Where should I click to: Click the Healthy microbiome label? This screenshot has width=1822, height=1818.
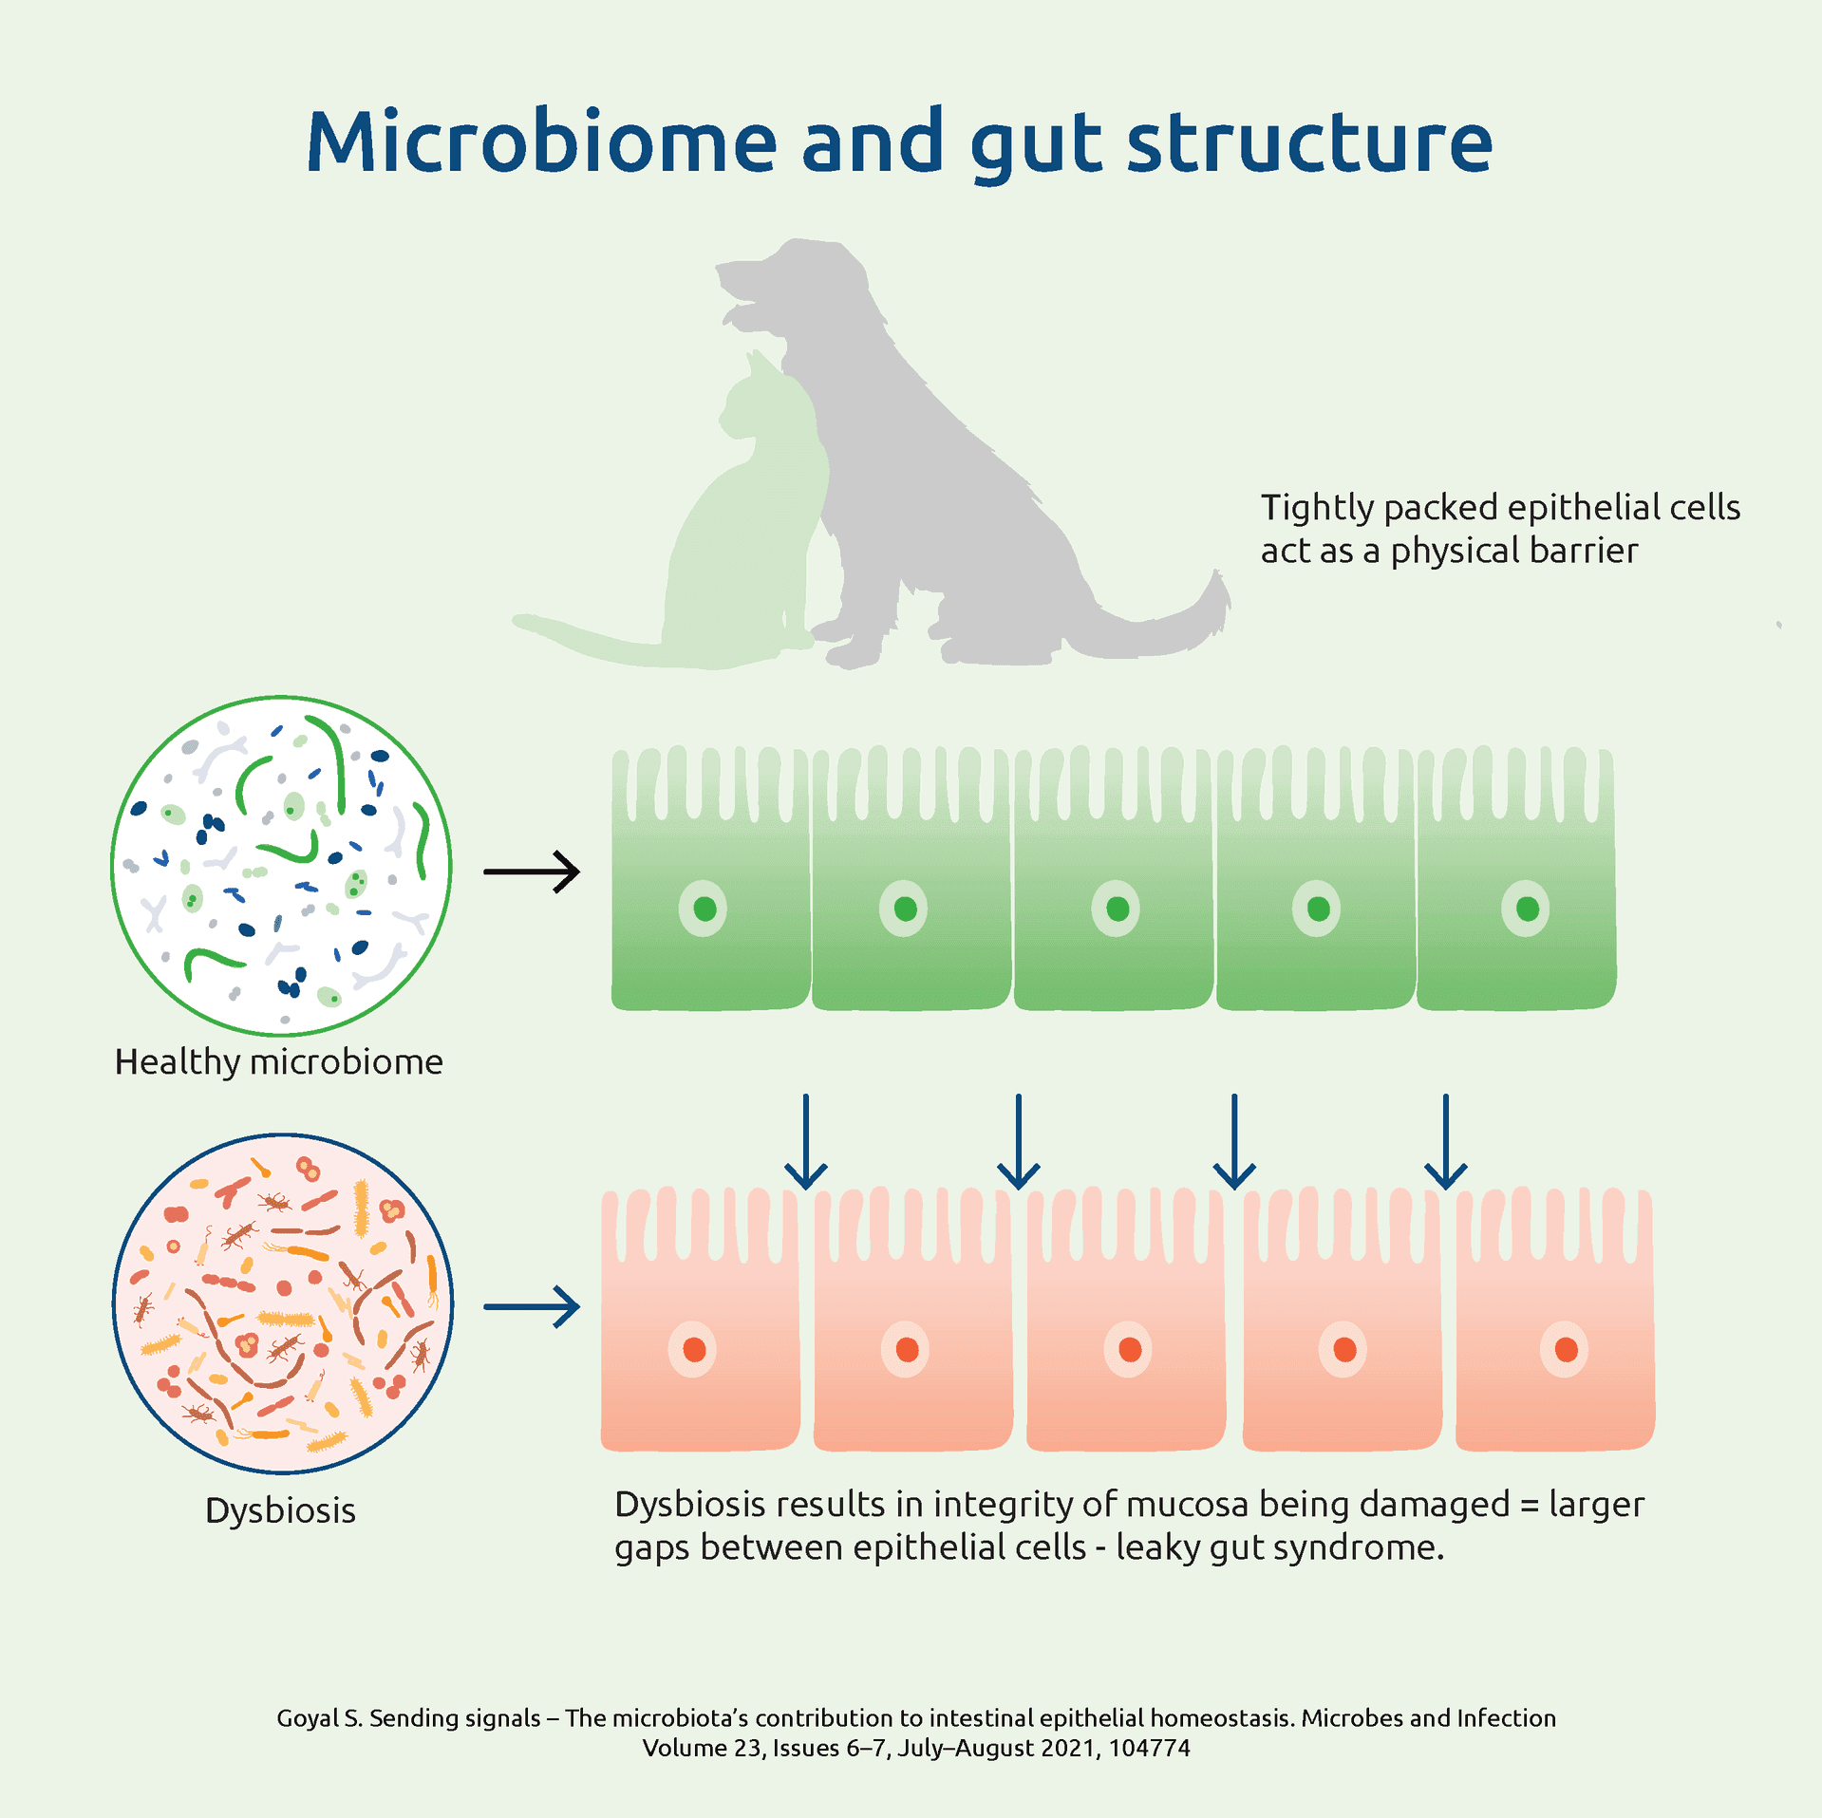point(278,1062)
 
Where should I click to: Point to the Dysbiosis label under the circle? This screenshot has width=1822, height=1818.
point(280,1510)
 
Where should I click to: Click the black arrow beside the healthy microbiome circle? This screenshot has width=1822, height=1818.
point(532,872)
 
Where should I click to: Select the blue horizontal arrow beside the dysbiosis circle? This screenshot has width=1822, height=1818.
point(532,1307)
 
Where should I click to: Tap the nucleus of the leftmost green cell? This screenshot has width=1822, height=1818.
point(704,909)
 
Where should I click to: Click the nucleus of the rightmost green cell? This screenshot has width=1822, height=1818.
point(1527,909)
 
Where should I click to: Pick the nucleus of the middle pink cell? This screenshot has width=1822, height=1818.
point(1129,1349)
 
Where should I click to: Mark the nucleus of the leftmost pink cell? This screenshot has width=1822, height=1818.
point(694,1349)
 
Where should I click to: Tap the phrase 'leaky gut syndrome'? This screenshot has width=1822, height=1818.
point(1279,1548)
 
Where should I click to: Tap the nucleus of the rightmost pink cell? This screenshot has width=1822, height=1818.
point(1566,1349)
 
